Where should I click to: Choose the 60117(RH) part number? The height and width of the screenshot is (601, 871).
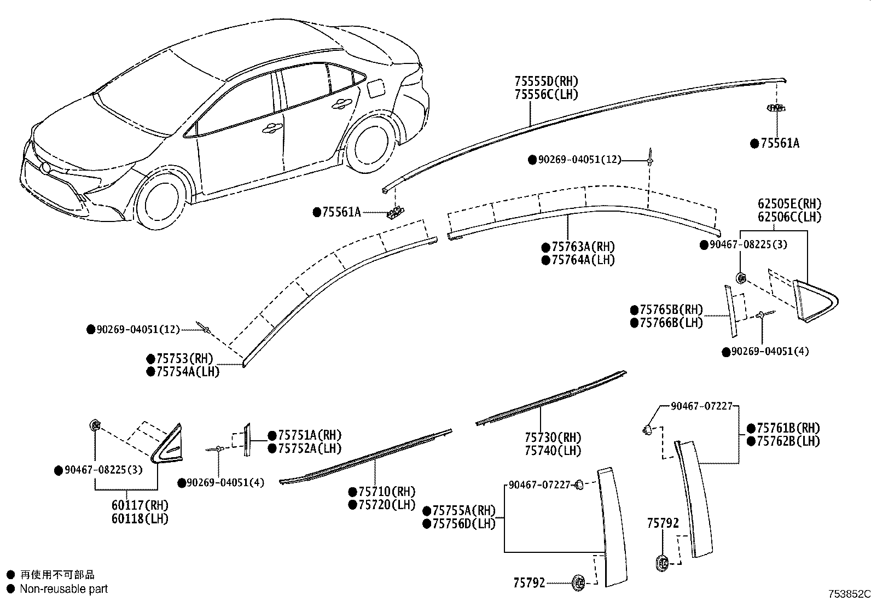(x=140, y=505)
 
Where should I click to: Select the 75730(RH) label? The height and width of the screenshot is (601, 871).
(x=553, y=437)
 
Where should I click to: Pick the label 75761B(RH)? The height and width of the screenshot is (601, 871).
(x=788, y=428)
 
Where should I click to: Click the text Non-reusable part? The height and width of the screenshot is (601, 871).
(x=63, y=589)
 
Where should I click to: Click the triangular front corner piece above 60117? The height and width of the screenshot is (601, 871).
(x=168, y=444)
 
